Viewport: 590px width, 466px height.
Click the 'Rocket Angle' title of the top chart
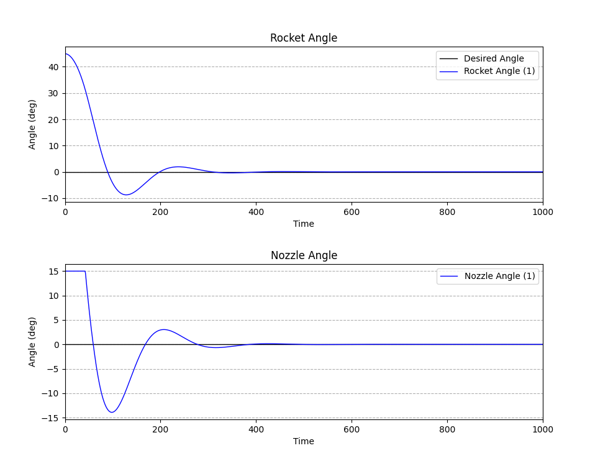click(x=304, y=38)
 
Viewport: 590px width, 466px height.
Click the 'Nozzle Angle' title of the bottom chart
click(x=304, y=255)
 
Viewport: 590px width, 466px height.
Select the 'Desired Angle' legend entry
click(x=494, y=58)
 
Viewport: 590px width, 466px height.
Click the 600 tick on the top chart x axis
click(x=352, y=212)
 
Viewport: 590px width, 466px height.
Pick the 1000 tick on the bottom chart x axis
click(x=543, y=429)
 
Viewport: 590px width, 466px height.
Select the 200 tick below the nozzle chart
click(x=161, y=429)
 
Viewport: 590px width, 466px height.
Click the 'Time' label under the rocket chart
click(x=304, y=224)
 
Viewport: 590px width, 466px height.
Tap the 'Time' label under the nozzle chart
click(x=304, y=441)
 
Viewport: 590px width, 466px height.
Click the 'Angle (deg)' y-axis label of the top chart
click(x=32, y=124)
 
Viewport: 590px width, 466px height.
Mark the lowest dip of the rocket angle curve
click(x=126, y=195)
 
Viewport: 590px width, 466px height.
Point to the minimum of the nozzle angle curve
click(x=112, y=412)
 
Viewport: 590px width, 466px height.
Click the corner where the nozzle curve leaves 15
click(x=85, y=272)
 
